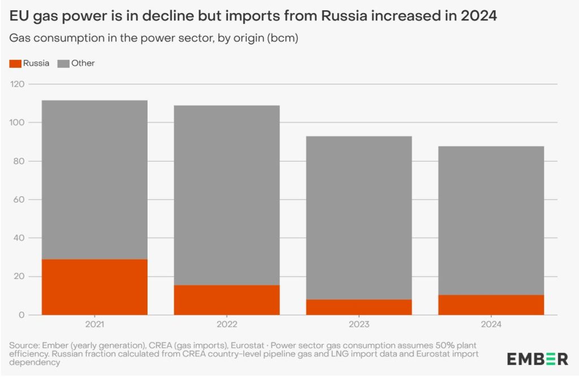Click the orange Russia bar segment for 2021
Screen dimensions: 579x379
tap(94, 287)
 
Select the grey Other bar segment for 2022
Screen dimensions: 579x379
tap(227, 195)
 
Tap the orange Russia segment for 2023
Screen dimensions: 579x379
tap(359, 307)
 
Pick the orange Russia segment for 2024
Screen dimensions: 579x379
tap(491, 305)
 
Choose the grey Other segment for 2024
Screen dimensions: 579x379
tap(491, 221)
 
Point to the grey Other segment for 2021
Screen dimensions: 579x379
tap(94, 180)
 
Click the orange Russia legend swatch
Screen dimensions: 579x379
tap(15, 63)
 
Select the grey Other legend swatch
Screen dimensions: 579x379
tap(63, 63)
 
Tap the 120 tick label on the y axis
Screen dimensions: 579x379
tap(17, 84)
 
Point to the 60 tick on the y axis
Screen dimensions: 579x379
tap(19, 200)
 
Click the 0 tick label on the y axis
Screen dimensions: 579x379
tap(21, 315)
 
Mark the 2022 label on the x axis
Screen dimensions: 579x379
tap(227, 324)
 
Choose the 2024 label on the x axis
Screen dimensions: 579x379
tap(491, 324)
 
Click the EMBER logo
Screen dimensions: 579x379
tap(538, 359)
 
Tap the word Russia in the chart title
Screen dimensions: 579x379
tap(344, 16)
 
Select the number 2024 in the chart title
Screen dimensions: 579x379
tap(478, 16)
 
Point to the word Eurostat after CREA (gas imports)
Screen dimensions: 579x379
tap(248, 346)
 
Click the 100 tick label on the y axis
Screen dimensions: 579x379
tap(17, 123)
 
